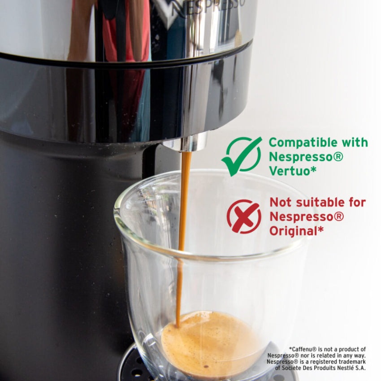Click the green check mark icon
(242, 156)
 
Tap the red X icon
(243, 216)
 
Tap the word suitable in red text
(320, 202)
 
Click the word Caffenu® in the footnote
(307, 349)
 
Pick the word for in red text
(356, 202)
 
